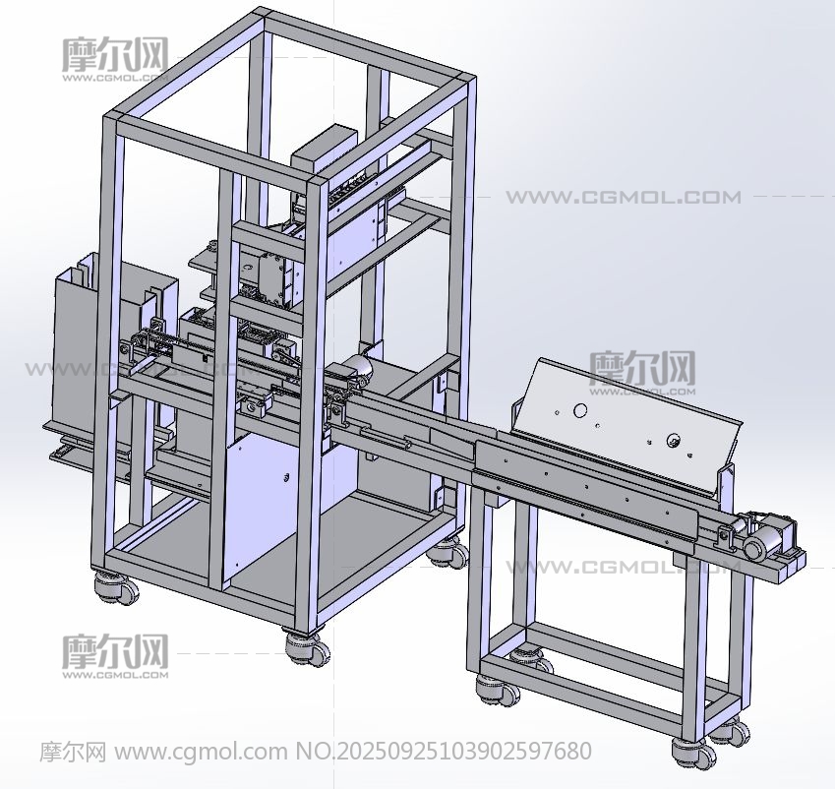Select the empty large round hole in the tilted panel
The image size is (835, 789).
pos(580,410)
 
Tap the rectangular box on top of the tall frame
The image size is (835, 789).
pos(324,149)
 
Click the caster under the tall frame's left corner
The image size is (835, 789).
pos(116,587)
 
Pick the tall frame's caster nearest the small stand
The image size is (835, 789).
pos(448,552)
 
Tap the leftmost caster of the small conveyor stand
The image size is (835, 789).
pos(497,689)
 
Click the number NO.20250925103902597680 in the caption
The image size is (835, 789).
pos(443,752)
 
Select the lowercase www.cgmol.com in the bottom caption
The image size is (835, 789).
pos(201,752)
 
